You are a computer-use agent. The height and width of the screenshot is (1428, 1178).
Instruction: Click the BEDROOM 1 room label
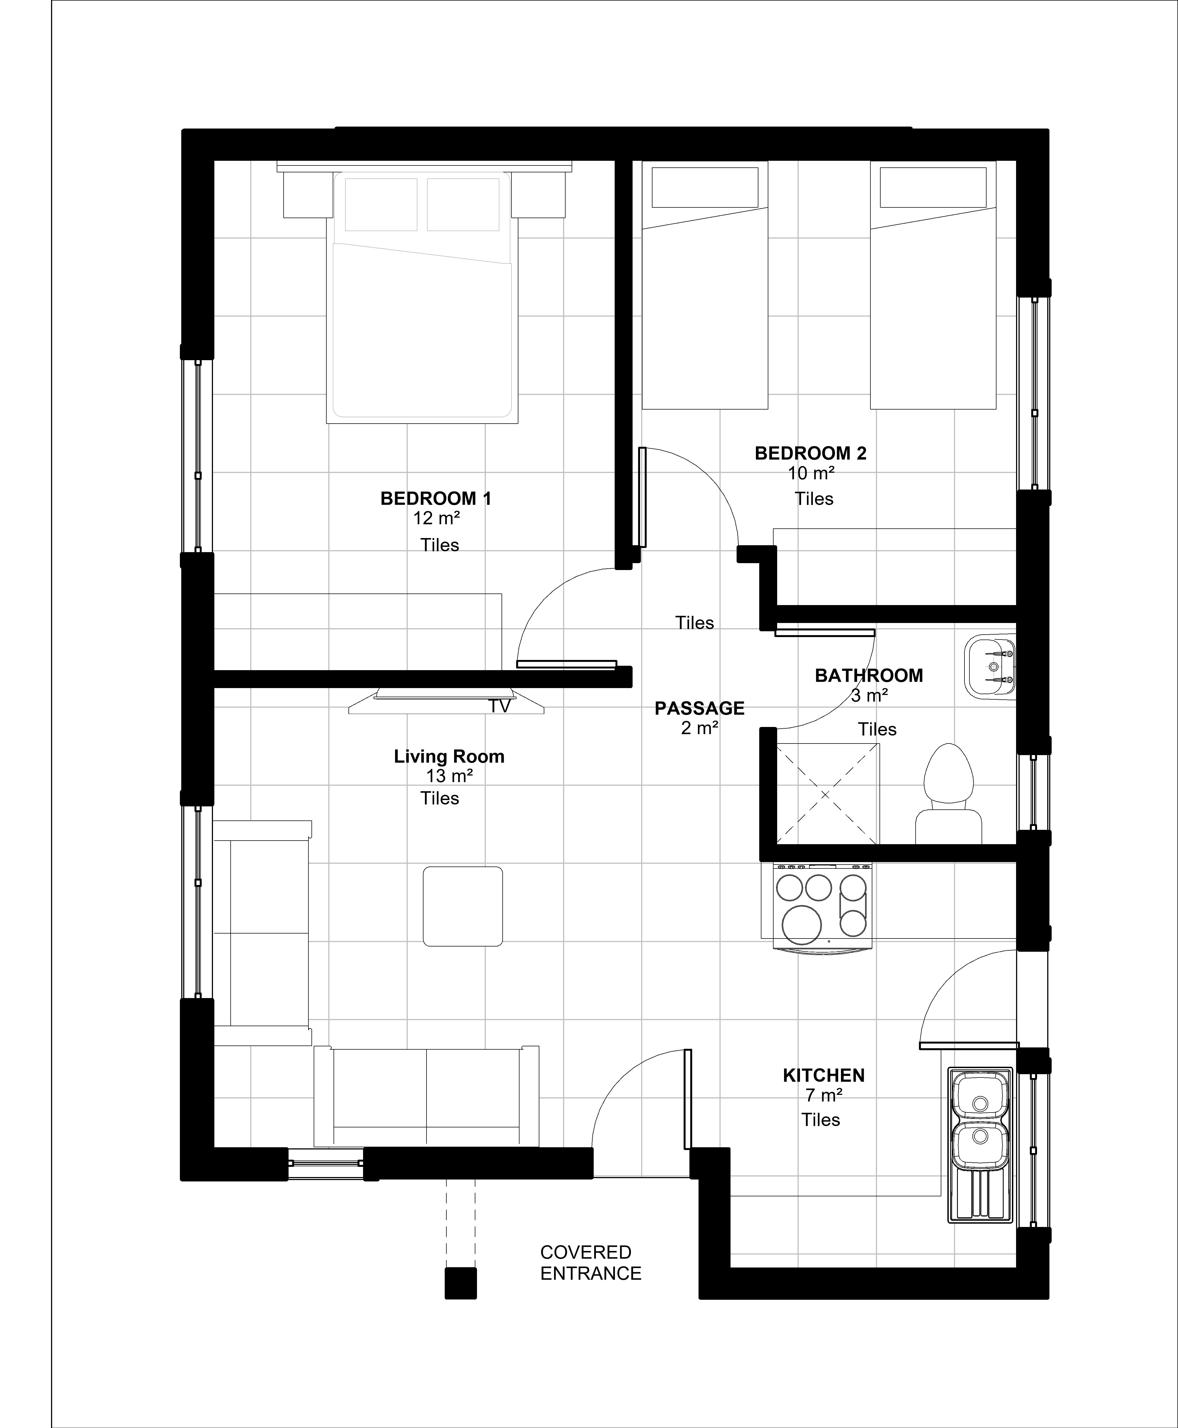pyautogui.click(x=436, y=499)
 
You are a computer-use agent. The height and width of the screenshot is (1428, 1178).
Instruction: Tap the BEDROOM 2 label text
pyautogui.click(x=811, y=453)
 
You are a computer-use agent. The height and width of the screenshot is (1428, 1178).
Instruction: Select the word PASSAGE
pyautogui.click(x=700, y=708)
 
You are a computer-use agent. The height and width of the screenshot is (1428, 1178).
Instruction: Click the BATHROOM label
pyautogui.click(x=869, y=676)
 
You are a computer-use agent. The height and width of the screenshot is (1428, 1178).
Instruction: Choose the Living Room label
pyautogui.click(x=449, y=756)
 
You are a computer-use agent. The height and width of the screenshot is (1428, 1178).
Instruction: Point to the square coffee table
pyautogui.click(x=463, y=906)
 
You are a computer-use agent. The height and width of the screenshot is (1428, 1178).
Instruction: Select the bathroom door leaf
pyautogui.click(x=825, y=633)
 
